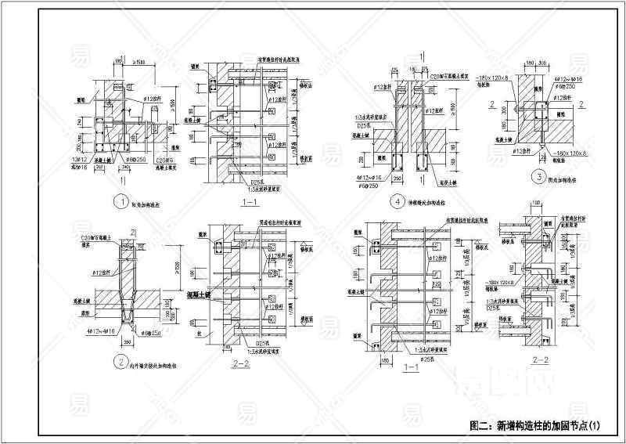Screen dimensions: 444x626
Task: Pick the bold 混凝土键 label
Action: click(206, 294)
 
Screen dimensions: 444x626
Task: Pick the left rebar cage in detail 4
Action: click(399, 164)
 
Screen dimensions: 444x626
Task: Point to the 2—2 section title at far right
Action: click(541, 359)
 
